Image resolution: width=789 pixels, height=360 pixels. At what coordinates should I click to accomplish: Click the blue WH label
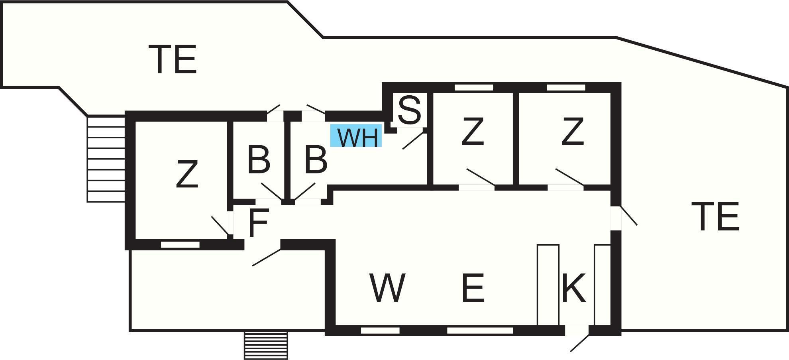tap(356, 136)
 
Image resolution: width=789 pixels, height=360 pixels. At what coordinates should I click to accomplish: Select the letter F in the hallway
tap(258, 222)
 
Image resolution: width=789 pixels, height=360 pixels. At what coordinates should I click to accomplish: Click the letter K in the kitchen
tap(574, 287)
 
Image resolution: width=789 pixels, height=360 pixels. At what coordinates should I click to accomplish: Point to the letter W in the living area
tap(388, 287)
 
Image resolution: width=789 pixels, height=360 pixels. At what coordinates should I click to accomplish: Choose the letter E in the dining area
tap(473, 287)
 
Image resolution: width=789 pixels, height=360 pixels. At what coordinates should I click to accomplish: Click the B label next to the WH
tap(316, 160)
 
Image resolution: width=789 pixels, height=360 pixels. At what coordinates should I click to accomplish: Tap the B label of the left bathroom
tap(259, 160)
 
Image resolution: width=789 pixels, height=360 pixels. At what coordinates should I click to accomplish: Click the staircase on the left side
tap(106, 159)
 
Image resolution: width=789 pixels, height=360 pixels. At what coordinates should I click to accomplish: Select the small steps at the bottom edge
tap(266, 345)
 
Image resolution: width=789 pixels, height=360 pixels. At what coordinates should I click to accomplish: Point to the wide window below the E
tap(480, 330)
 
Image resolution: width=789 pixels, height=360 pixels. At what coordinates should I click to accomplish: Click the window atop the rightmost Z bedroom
tap(566, 87)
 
